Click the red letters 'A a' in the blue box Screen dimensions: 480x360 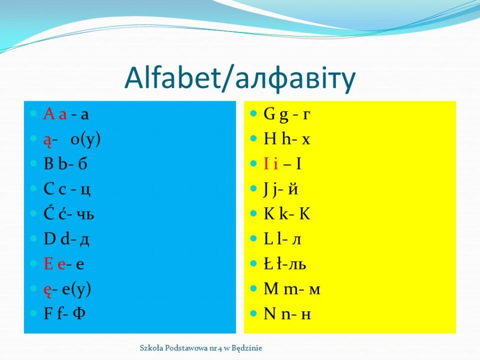pos(55,114)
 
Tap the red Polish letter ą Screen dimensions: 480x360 pos(47,140)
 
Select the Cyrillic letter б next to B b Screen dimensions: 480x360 pos(82,164)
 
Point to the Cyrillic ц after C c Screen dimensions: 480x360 pos(85,190)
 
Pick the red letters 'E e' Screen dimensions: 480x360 pos(54,264)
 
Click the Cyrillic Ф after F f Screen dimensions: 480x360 pos(79,314)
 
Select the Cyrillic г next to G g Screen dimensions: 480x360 pos(306,115)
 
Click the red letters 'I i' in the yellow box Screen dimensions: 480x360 pos(271,164)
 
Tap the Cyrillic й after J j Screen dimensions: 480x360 pos(293,189)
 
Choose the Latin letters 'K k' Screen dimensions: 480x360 pos(276,213)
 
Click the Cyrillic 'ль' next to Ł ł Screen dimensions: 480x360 pos(297,264)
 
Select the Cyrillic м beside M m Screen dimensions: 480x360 pos(314,290)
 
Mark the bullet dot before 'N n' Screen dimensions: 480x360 pos(253,314)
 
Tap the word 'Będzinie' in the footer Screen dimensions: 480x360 pos(247,348)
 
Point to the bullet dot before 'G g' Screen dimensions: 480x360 pos(253,114)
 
